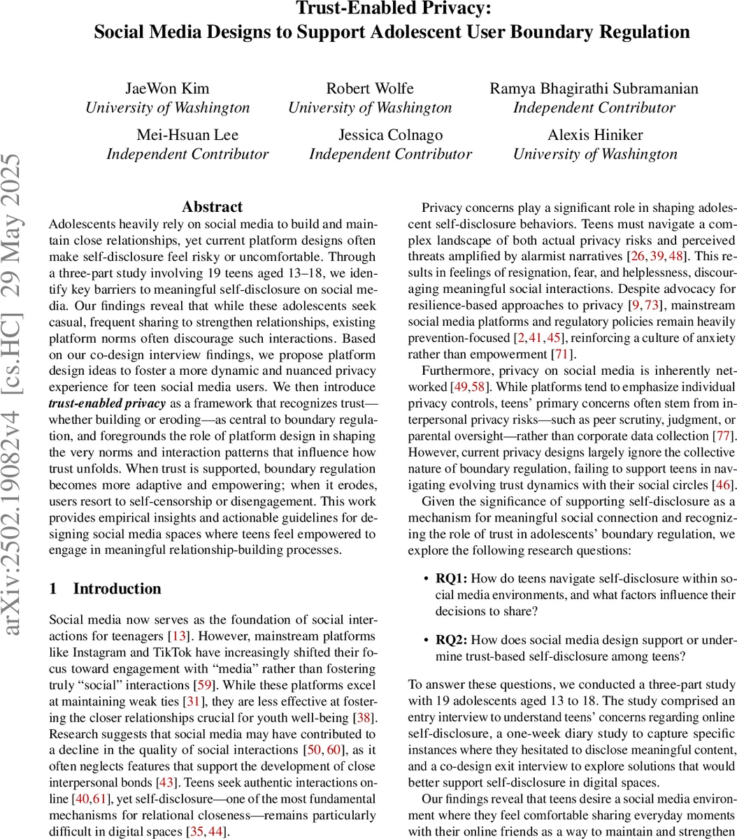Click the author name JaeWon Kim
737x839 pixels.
pyautogui.click(x=167, y=89)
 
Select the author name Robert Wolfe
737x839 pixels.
pyautogui.click(x=370, y=89)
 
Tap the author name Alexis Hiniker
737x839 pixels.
pyautogui.click(x=595, y=135)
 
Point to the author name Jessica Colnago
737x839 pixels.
pyautogui.click(x=390, y=135)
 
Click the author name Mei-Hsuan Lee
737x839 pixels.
pyautogui.click(x=187, y=135)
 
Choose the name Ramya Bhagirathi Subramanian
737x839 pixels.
pyautogui.click(x=594, y=89)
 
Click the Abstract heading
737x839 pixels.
pyautogui.click(x=212, y=207)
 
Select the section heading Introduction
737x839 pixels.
pyautogui.click(x=117, y=589)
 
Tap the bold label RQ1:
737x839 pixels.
pyautogui.click(x=452, y=578)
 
